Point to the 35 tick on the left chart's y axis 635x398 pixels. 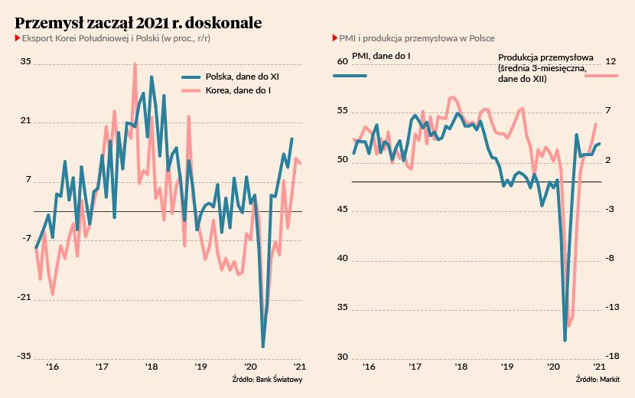[x=25, y=62]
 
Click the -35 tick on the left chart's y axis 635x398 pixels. [x=24, y=356]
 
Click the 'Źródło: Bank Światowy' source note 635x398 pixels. [x=268, y=380]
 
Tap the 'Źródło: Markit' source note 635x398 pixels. [x=598, y=380]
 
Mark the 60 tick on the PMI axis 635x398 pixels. [x=342, y=62]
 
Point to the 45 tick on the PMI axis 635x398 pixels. [x=342, y=210]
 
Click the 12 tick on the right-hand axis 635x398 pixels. [x=611, y=62]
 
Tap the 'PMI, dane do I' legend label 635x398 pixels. [x=382, y=56]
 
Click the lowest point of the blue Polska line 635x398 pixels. [x=263, y=346]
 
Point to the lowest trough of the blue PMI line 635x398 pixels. [x=565, y=340]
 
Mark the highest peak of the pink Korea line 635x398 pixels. [x=135, y=64]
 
